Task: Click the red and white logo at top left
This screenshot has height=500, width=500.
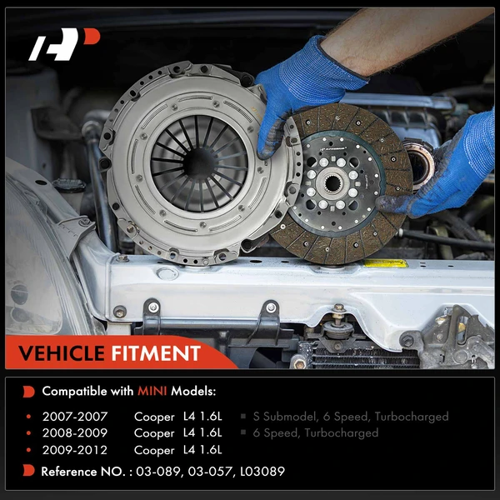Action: pos(64,47)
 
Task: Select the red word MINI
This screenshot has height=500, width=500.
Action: pos(152,391)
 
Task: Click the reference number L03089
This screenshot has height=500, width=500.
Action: pos(261,472)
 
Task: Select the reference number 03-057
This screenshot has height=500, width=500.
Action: pos(214,472)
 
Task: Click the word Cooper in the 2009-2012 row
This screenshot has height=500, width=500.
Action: pos(154,450)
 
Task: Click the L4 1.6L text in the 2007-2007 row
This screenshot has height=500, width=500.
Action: pos(202,416)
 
